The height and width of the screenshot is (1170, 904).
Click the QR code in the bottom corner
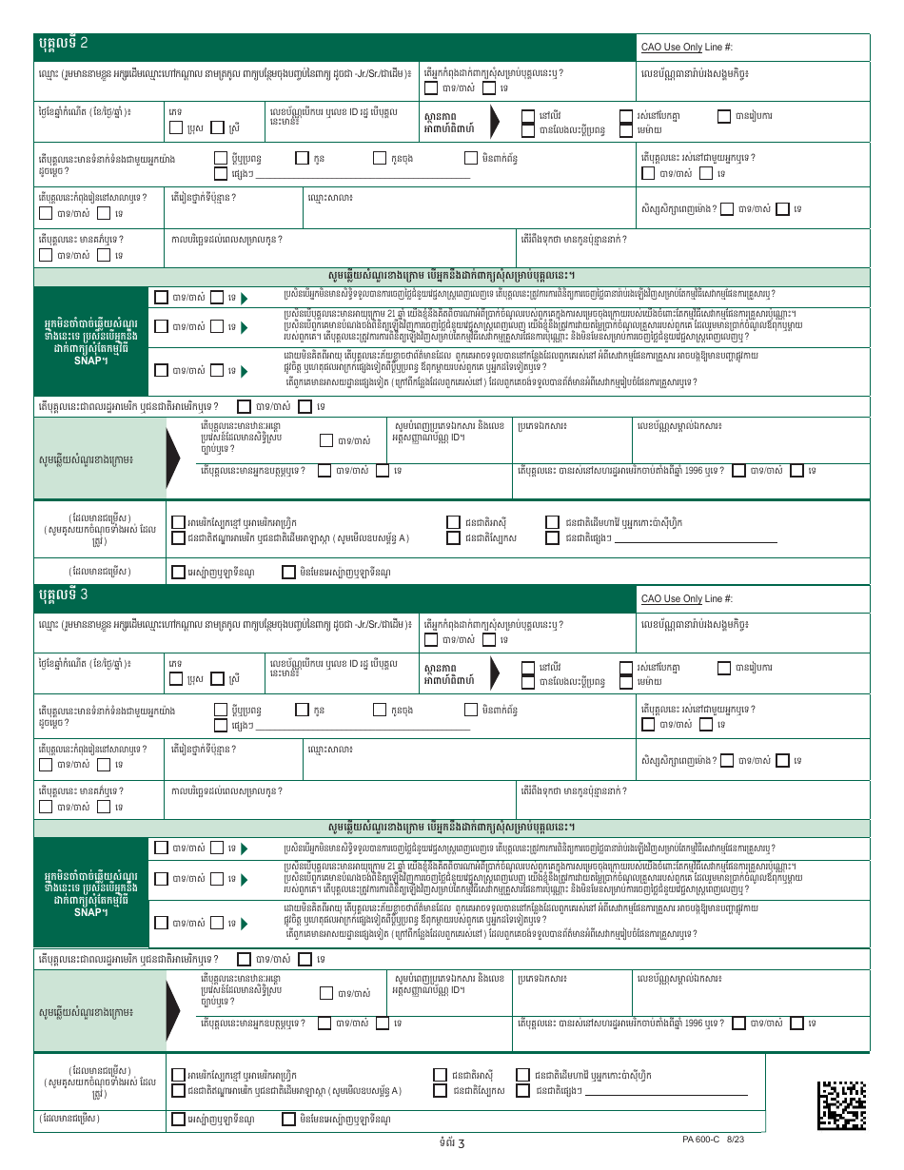(842, 1103)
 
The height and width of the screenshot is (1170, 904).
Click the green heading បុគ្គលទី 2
(63, 44)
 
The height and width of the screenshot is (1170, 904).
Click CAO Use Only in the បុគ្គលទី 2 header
(672, 47)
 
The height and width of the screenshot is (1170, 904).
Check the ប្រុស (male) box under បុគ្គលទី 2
(176, 127)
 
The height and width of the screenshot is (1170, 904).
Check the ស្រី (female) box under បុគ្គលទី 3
(218, 679)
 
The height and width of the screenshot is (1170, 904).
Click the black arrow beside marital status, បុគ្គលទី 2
(496, 121)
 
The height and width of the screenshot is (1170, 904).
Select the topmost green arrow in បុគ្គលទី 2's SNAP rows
(245, 298)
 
